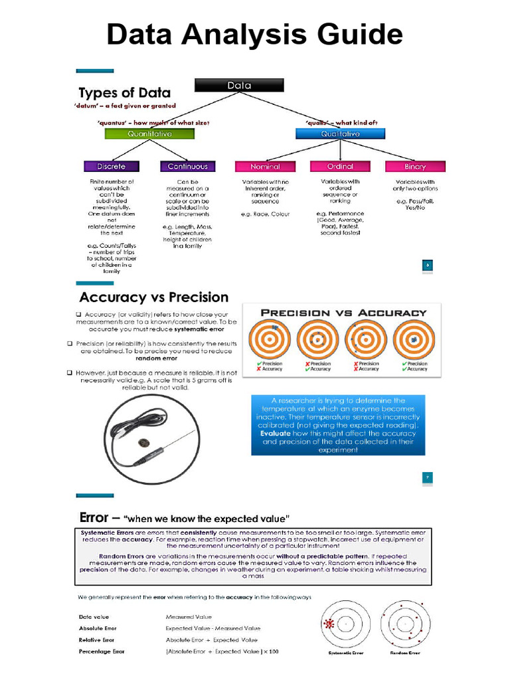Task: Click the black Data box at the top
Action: pyautogui.click(x=239, y=85)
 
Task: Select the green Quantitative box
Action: pyautogui.click(x=149, y=133)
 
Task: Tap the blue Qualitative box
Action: pyautogui.click(x=341, y=133)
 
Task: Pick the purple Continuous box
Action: pyautogui.click(x=187, y=166)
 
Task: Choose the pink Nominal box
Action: pyautogui.click(x=265, y=166)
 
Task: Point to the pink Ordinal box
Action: pyautogui.click(x=340, y=166)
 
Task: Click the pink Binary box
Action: pyautogui.click(x=415, y=166)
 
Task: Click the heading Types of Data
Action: pyautogui.click(x=125, y=93)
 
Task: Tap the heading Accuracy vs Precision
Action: pyautogui.click(x=153, y=297)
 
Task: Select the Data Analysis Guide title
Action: pyautogui.click(x=255, y=35)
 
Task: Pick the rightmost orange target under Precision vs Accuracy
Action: pyautogui.click(x=414, y=339)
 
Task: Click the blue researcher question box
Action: pyautogui.click(x=338, y=425)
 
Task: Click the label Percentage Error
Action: pyautogui.click(x=102, y=651)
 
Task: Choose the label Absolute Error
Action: pyautogui.click(x=98, y=628)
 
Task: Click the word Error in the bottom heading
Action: pyautogui.click(x=94, y=517)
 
